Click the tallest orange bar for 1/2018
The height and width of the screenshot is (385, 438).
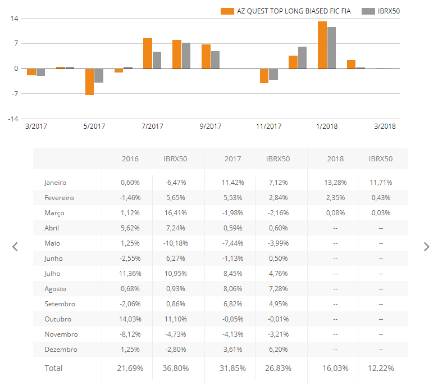322,45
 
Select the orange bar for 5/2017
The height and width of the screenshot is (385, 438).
89,81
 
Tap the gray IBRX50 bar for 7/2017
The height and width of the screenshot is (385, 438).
157,60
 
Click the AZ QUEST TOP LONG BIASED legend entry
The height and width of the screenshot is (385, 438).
286,11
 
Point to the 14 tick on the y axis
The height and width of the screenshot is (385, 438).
15,19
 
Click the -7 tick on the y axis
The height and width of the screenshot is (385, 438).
15,94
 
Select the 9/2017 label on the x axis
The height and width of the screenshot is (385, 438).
211,126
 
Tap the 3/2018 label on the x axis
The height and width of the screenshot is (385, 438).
385,126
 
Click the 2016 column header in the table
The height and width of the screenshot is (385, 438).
130,159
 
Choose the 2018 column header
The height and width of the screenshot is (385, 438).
335,159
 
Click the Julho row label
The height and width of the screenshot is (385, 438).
52,274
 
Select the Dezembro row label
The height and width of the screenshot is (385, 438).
61,350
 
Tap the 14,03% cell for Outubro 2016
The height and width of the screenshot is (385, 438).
130,319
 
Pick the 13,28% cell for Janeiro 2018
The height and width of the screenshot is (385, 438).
335,183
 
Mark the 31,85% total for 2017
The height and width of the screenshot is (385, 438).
232,369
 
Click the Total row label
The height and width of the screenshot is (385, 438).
54,369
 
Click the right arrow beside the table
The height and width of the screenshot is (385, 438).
426,247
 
